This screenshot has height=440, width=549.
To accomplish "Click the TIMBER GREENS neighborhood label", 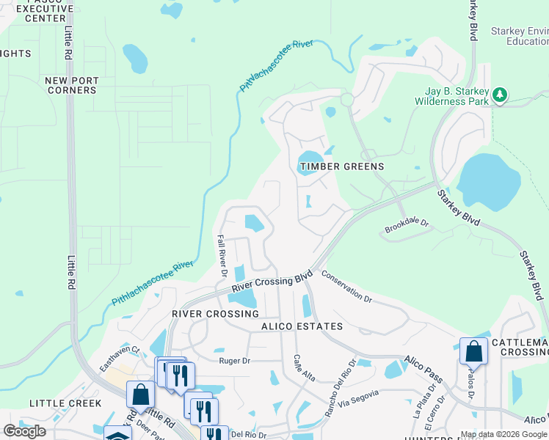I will coord(341,166).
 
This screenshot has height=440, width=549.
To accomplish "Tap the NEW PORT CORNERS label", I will coord(70,85).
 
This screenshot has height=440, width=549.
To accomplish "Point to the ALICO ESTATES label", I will coord(302,326).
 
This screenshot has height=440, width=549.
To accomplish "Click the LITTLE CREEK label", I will coord(65,403).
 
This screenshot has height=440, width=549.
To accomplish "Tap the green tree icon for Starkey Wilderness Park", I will coord(500,95).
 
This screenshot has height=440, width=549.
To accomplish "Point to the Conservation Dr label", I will coord(347,287).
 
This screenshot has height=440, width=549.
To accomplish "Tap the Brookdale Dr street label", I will coord(407,230).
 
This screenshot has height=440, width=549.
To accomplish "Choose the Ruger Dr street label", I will coord(235,360).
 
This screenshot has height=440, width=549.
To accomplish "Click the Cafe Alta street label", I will coord(304,367).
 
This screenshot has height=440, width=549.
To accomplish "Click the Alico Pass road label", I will coord(423,368).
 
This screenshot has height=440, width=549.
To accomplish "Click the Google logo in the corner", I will coord(24,431).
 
